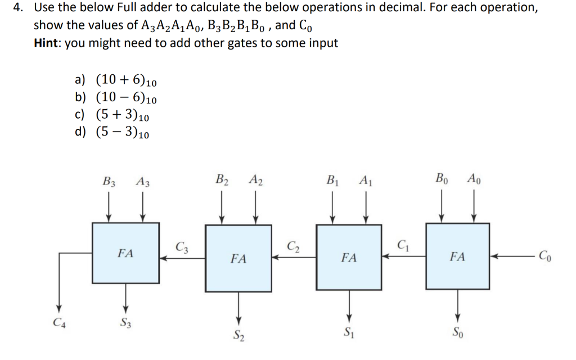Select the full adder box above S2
pos(238,259)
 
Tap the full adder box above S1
pos(349,258)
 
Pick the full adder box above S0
pos(457,256)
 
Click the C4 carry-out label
pos(56,323)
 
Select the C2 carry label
pos(292,246)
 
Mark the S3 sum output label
pos(126,323)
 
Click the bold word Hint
pos(47,43)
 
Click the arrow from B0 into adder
pos(442,208)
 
